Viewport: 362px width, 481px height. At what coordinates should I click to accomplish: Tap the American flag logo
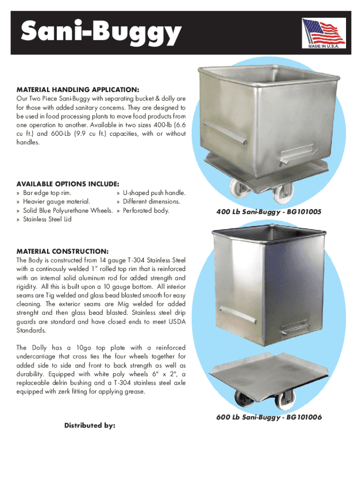[x=324, y=31]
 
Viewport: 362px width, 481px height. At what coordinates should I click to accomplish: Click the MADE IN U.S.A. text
[x=324, y=47]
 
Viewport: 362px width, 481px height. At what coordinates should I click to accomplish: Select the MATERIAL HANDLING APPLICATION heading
[x=78, y=90]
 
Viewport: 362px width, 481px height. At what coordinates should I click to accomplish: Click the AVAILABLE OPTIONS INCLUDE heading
[x=68, y=184]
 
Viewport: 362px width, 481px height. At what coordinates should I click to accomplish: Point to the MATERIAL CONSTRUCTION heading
[x=63, y=251]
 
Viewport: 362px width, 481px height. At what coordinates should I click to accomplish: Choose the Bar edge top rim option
[x=47, y=193]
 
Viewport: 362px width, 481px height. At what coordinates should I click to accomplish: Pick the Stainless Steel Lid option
[x=47, y=219]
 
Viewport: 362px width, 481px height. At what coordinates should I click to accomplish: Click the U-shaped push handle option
[x=154, y=193]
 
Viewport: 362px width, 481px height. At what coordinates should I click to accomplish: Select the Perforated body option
[x=146, y=211]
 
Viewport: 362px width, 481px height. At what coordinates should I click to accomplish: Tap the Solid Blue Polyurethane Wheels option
[x=68, y=211]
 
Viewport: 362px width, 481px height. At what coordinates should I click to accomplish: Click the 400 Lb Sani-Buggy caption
[x=268, y=212]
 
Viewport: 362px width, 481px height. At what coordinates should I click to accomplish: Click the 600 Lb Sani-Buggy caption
[x=269, y=417]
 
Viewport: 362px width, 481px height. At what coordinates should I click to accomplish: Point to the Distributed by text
[x=90, y=426]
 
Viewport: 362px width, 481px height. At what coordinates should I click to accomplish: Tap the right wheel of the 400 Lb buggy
[x=281, y=193]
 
